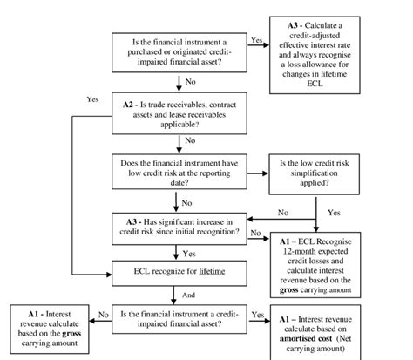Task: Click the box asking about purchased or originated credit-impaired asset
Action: point(179,51)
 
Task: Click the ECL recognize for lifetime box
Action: point(179,271)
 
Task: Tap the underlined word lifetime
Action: point(209,271)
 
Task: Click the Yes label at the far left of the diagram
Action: point(92,99)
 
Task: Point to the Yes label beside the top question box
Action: point(256,40)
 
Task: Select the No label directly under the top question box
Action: point(190,84)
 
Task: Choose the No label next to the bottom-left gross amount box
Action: point(103,314)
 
